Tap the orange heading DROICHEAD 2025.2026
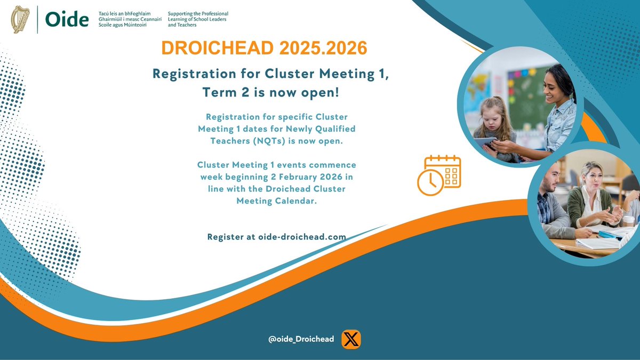(x=265, y=48)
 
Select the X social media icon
(x=350, y=339)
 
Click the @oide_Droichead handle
(x=301, y=339)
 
